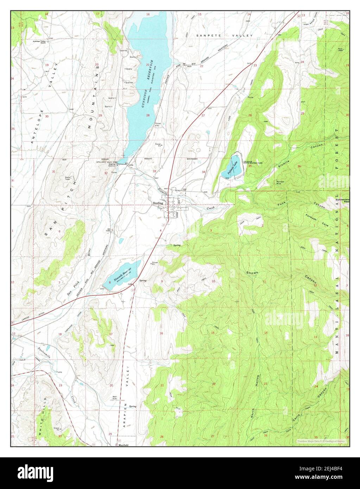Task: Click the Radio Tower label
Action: (x=67, y=178)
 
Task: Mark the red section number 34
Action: (x=203, y=172)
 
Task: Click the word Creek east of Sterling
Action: (x=210, y=208)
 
